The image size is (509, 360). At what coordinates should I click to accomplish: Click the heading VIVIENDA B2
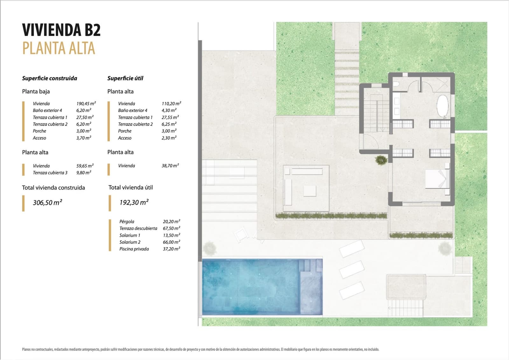click(61, 30)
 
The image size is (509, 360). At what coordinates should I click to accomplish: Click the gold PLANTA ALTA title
click(59, 48)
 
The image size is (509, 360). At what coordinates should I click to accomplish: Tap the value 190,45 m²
click(86, 103)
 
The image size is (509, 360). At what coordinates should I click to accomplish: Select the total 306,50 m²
click(47, 203)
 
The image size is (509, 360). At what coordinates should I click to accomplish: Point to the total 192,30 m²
click(134, 202)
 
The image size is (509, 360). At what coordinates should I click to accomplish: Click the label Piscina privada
click(134, 249)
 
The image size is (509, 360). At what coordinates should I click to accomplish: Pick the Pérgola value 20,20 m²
click(171, 222)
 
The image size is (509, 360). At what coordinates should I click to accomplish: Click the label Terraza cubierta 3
click(50, 173)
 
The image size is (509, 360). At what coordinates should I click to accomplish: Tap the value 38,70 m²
click(170, 166)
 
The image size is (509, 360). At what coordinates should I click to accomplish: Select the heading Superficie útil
click(125, 78)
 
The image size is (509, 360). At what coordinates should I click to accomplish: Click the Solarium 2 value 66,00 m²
click(171, 242)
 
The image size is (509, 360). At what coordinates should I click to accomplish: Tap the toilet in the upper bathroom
click(396, 84)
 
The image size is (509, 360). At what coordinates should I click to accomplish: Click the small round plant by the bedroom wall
click(380, 160)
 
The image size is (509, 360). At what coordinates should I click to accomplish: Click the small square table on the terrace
click(310, 191)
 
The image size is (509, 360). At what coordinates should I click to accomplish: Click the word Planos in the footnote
click(26, 349)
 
